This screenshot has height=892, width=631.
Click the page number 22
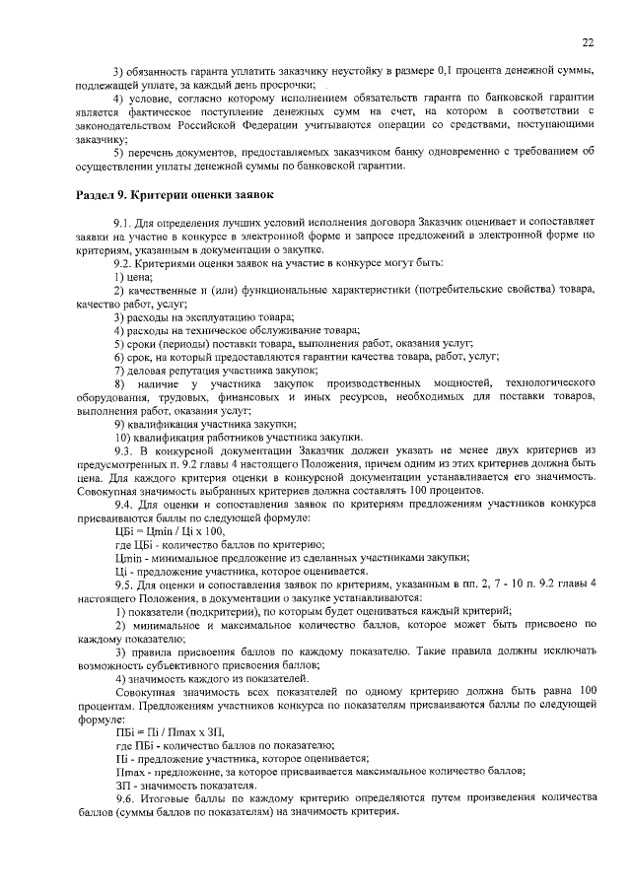[x=588, y=42]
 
